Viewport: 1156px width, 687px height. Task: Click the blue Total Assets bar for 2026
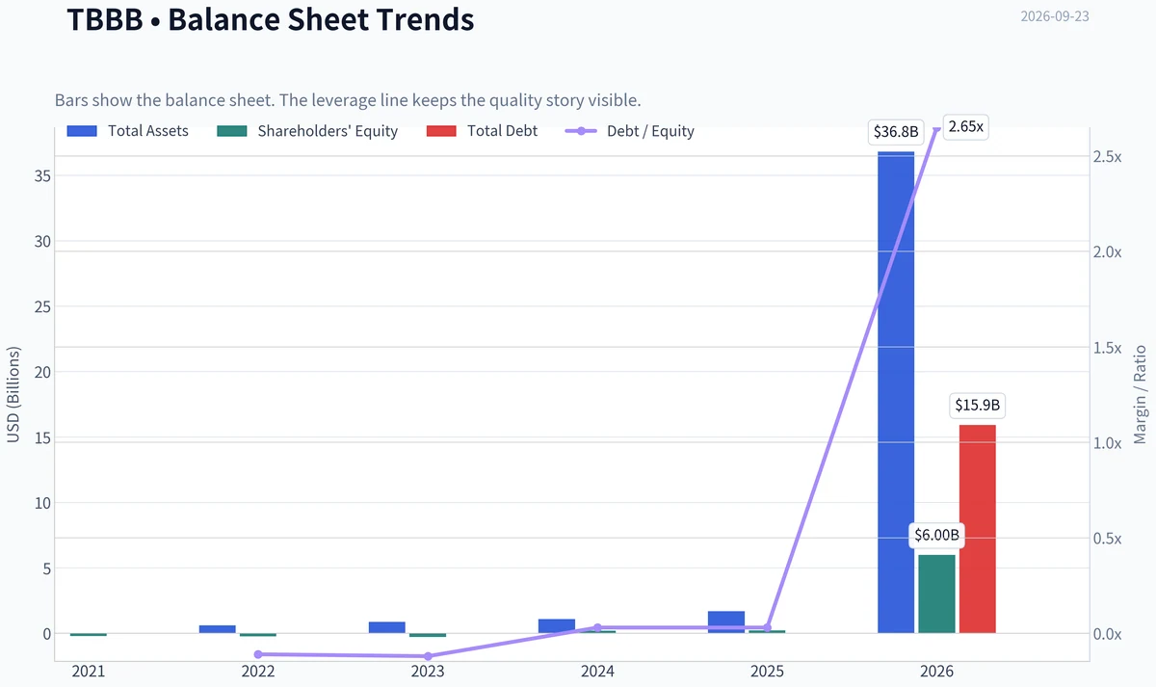click(x=896, y=392)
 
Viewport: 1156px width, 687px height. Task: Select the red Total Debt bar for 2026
click(x=978, y=529)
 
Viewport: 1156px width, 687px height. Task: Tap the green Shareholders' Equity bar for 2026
click(x=936, y=595)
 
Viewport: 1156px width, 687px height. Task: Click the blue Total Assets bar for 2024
click(x=557, y=626)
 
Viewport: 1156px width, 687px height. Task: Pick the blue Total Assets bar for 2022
click(x=218, y=629)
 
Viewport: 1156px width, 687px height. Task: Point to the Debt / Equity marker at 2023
click(x=428, y=656)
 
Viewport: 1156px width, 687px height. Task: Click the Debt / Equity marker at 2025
click(x=768, y=627)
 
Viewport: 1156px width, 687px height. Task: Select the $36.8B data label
click(x=896, y=132)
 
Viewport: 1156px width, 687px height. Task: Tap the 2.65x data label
click(x=965, y=126)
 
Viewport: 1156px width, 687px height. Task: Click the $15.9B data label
click(x=978, y=406)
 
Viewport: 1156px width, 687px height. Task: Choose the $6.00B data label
click(x=936, y=535)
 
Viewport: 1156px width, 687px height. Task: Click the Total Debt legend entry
click(x=482, y=131)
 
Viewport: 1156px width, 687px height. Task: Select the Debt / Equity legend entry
click(x=630, y=131)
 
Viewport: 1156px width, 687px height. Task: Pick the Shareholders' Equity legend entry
click(x=307, y=131)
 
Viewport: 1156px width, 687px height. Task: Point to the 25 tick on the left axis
click(x=42, y=307)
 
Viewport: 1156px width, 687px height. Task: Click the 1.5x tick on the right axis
click(x=1108, y=349)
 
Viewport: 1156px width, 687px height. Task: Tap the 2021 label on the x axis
click(x=89, y=672)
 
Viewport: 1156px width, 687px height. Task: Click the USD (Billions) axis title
click(x=13, y=395)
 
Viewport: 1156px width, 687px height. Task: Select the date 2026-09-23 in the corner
click(x=1055, y=16)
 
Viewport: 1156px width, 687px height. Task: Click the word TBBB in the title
click(x=105, y=19)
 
